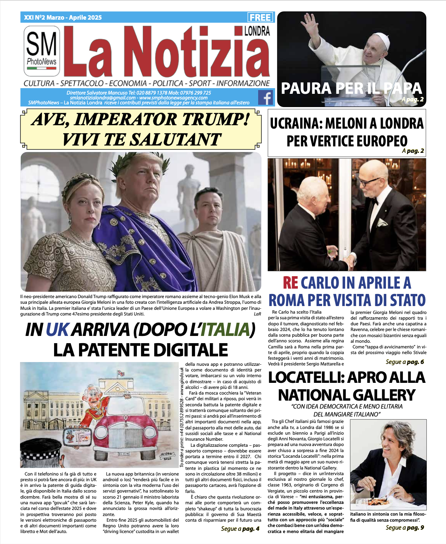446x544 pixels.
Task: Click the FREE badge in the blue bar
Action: (x=260, y=17)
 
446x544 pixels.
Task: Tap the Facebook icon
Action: (x=266, y=98)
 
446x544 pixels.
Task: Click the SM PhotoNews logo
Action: (x=42, y=50)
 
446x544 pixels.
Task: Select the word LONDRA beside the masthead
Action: (x=257, y=31)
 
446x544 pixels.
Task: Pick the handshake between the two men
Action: (x=350, y=261)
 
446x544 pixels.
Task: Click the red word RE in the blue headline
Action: (x=290, y=283)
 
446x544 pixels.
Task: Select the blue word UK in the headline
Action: (x=57, y=330)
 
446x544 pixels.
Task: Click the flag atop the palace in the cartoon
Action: (x=121, y=373)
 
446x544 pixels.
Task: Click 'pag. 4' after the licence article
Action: (x=251, y=528)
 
